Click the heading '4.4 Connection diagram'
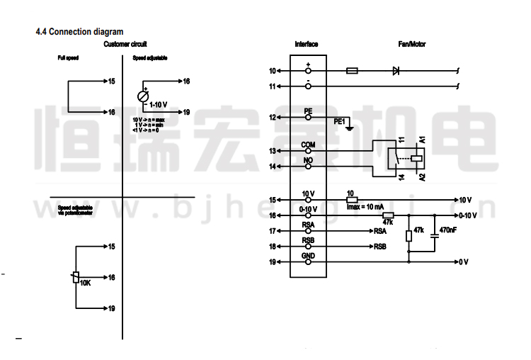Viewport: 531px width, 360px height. [79, 32]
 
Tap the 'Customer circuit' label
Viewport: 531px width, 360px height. [125, 45]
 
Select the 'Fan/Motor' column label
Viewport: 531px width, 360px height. [411, 45]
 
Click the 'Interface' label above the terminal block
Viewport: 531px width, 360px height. [306, 45]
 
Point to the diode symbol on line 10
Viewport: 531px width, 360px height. [396, 71]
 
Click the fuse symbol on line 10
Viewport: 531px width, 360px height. [354, 71]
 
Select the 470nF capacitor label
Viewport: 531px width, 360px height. [447, 230]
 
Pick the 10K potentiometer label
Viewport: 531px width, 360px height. [85, 283]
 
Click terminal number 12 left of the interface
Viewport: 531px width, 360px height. [273, 117]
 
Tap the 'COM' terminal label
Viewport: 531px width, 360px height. [307, 145]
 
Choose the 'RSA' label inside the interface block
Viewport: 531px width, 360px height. [307, 225]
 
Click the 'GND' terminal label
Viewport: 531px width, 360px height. [307, 256]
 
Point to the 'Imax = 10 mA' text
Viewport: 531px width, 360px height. [365, 206]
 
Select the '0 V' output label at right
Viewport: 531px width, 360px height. [464, 262]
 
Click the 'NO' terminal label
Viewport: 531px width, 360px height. [307, 161]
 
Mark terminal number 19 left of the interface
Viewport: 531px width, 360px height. [273, 262]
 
